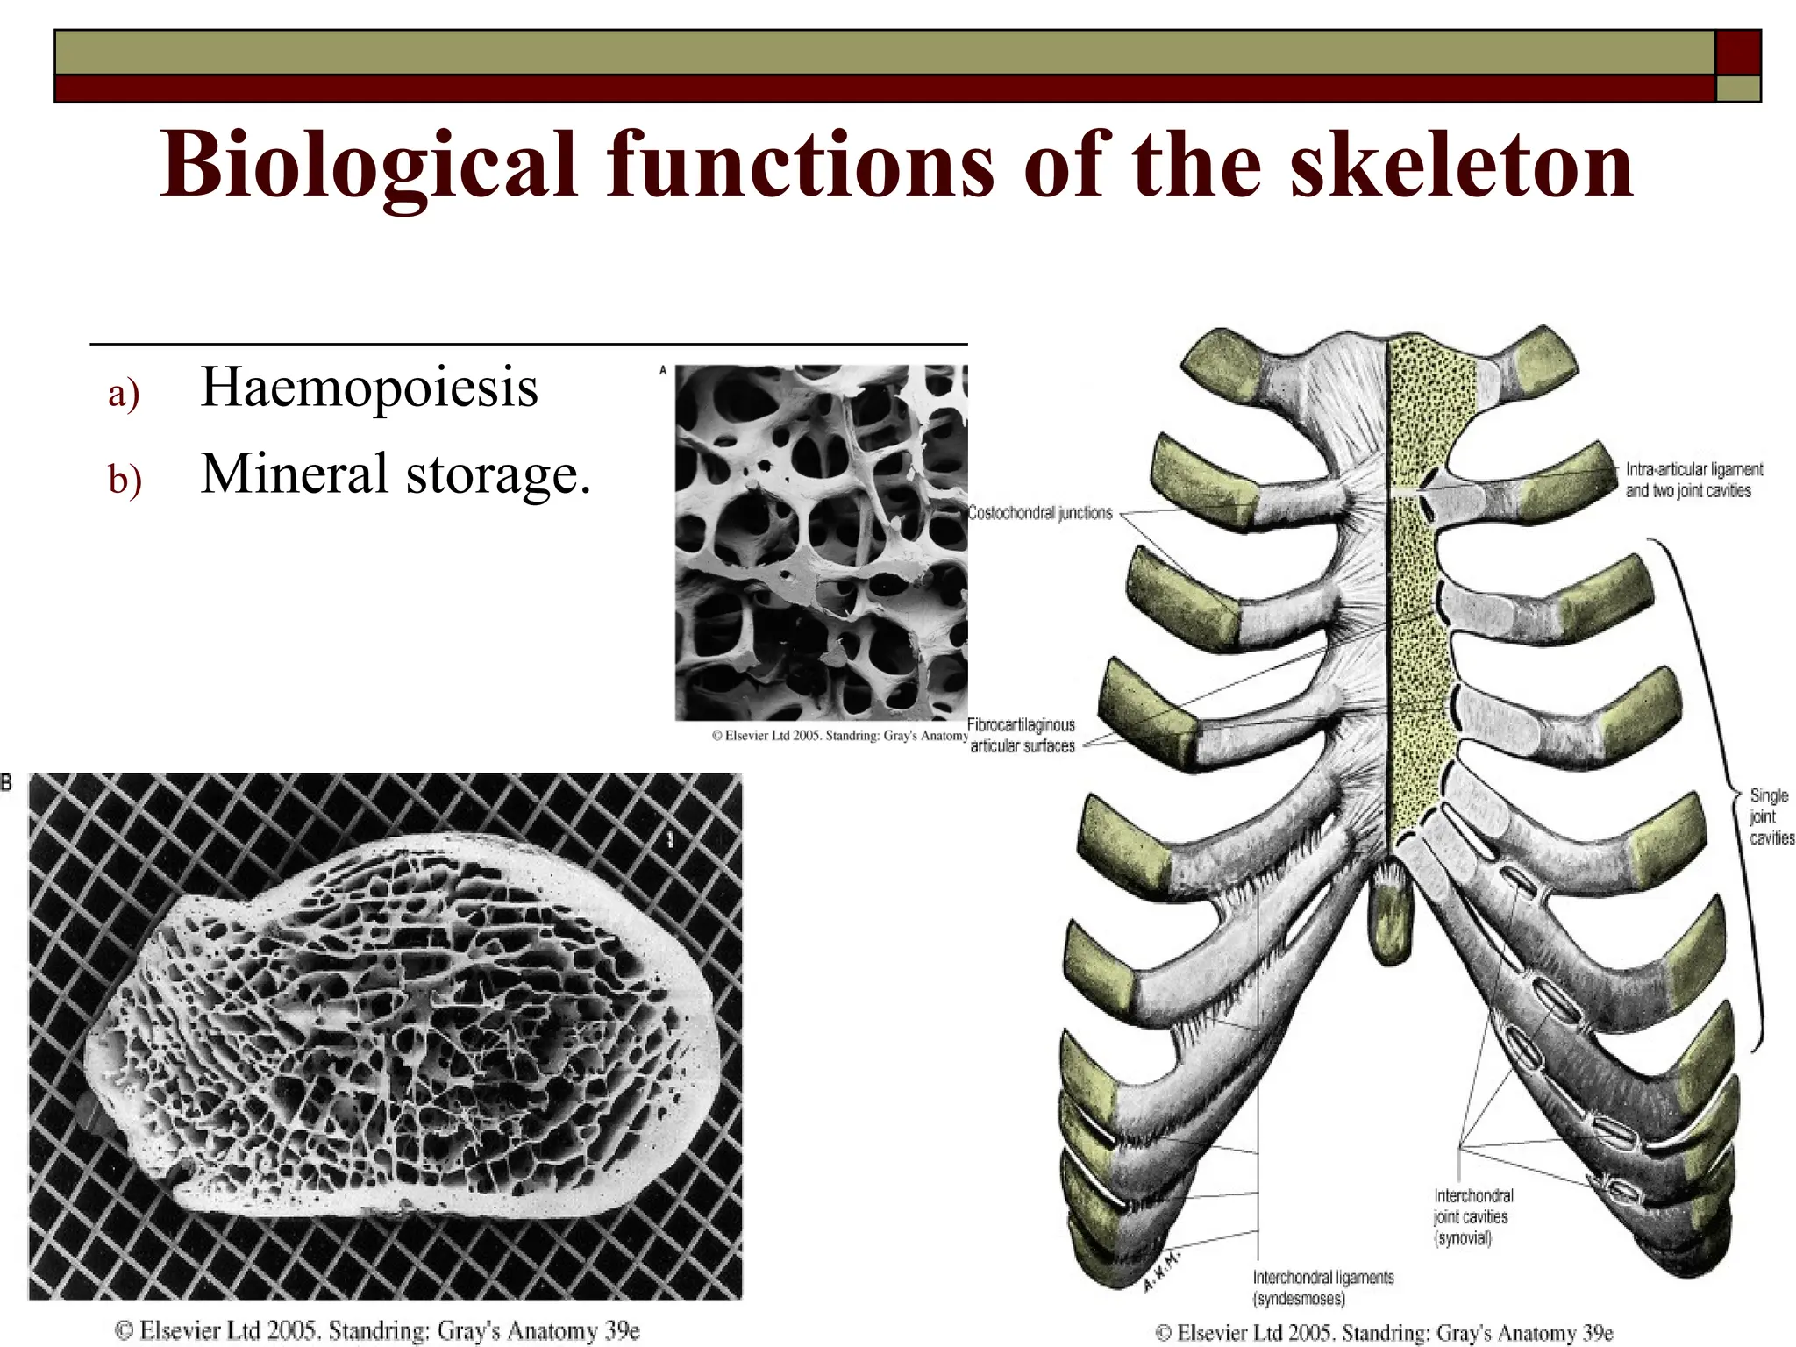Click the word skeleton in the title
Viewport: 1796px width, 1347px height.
[1461, 165]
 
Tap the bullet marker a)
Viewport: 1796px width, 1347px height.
[124, 393]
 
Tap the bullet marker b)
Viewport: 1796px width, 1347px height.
[125, 480]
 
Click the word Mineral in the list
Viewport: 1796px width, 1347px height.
[295, 474]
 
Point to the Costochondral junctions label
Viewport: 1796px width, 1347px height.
[1040, 513]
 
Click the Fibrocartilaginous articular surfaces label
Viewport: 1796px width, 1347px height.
[1022, 735]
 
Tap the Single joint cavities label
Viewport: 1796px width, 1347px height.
[1771, 816]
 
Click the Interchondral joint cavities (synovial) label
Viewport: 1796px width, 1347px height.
[1473, 1216]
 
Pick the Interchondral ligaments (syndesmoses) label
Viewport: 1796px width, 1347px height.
[1322, 1287]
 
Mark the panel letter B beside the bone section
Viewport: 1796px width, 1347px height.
[7, 782]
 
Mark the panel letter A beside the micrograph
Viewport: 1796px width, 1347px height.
[663, 371]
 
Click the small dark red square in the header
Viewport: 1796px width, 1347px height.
[1737, 52]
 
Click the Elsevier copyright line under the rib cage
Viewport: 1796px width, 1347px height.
[1384, 1333]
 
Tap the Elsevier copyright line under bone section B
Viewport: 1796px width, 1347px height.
[377, 1330]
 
